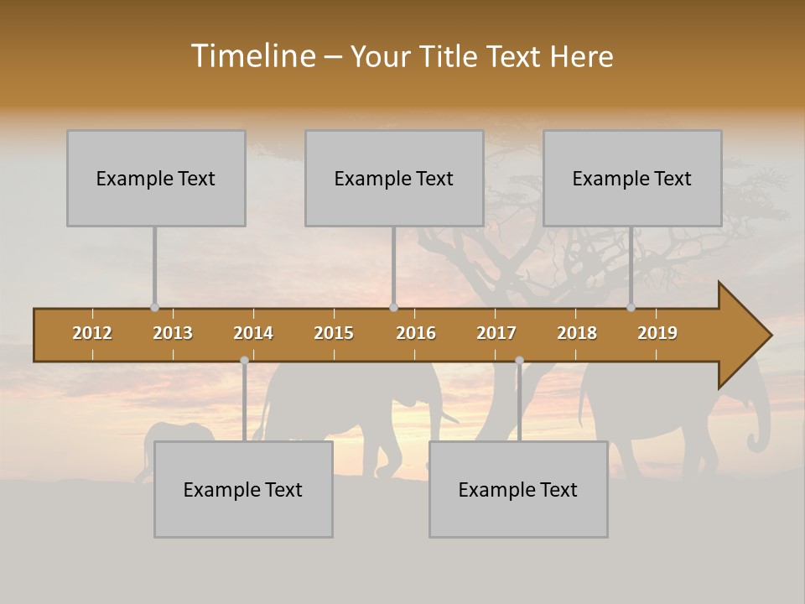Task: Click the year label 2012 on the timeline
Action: [92, 333]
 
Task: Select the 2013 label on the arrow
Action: [173, 333]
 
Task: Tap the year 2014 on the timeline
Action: [253, 333]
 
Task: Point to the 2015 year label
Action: [334, 333]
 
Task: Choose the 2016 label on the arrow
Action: [416, 333]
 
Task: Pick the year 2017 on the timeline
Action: [496, 333]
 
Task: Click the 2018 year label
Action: [577, 333]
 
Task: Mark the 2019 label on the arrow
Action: [657, 333]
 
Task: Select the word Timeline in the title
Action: [252, 56]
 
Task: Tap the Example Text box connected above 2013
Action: [156, 178]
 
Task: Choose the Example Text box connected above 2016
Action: [394, 178]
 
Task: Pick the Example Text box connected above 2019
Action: [632, 178]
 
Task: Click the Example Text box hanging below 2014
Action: [243, 489]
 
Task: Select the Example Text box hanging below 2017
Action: [518, 489]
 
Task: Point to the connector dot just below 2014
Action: [244, 360]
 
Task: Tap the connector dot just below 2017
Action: [519, 360]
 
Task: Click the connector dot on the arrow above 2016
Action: [393, 307]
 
